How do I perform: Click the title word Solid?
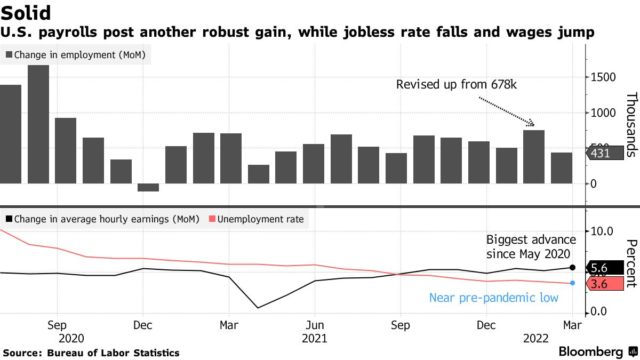(27, 13)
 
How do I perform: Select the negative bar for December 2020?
(148, 187)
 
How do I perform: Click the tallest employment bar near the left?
(38, 124)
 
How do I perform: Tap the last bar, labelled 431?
(561, 168)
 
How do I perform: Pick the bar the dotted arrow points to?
(534, 157)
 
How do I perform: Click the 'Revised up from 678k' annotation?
(457, 84)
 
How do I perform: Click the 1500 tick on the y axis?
(602, 77)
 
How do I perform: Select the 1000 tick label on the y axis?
(602, 113)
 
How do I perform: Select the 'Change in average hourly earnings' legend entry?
(101, 219)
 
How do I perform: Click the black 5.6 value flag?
(606, 268)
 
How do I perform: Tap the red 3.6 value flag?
(606, 284)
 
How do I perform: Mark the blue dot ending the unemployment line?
(572, 283)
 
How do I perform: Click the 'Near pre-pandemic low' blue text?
(494, 298)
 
